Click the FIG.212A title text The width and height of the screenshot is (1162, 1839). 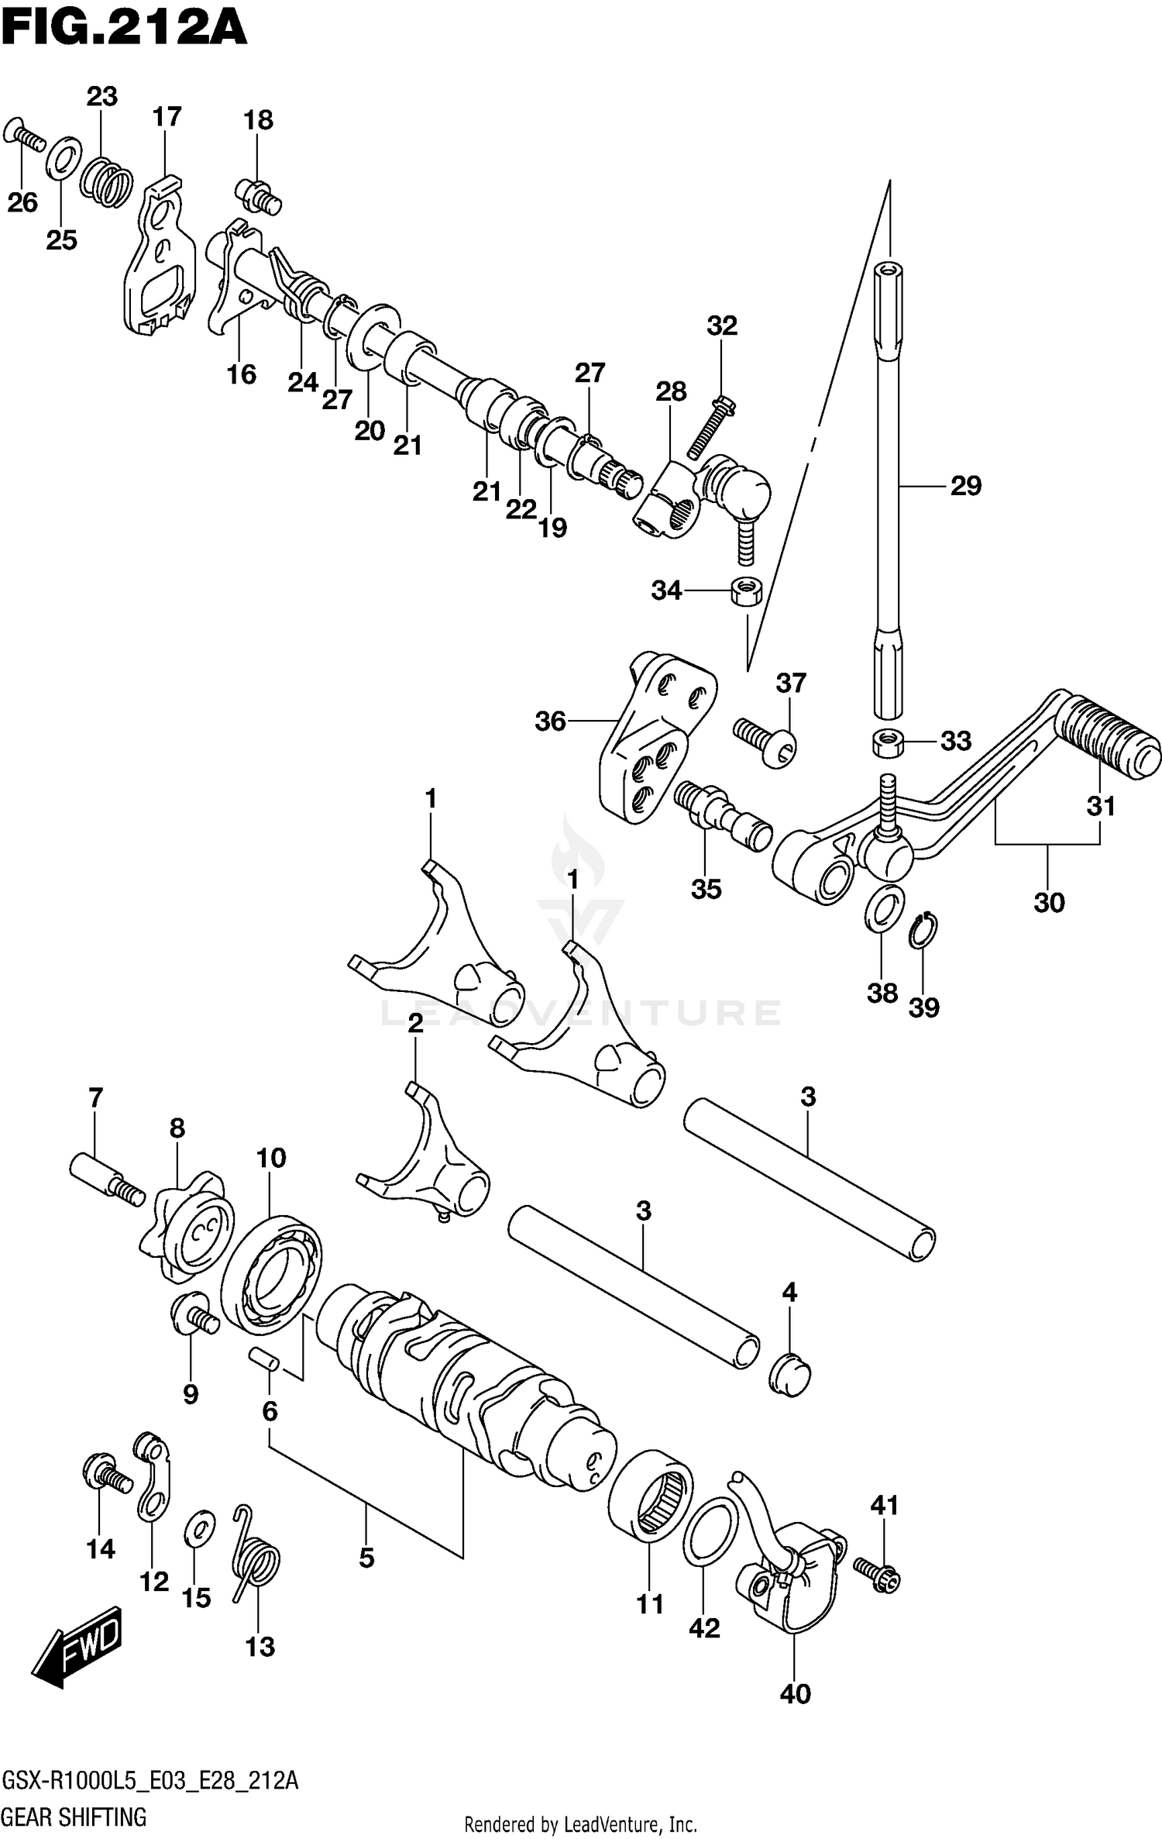[124, 29]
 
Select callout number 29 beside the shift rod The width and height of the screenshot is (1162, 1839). [965, 486]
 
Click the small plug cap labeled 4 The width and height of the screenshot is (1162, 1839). [790, 1376]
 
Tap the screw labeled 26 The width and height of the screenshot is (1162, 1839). [22, 135]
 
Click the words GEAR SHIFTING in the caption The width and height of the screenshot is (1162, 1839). [75, 1818]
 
